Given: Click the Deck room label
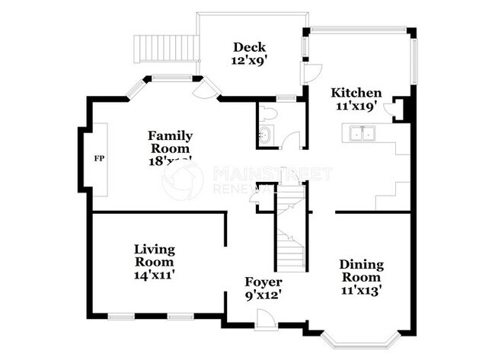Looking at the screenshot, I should coord(249,47).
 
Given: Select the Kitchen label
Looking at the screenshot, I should coord(356,93).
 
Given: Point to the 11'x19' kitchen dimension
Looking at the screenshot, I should coord(356,106).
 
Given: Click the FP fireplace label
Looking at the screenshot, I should coord(98,159).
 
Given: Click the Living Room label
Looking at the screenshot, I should coord(154,256).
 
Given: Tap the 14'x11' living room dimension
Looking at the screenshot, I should coord(154,276).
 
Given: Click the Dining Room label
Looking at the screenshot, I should coord(361,270).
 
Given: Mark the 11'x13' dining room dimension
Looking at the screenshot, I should coord(361,289).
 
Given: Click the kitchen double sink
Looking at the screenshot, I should coord(362,134).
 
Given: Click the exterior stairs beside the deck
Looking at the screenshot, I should coord(166,49).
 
